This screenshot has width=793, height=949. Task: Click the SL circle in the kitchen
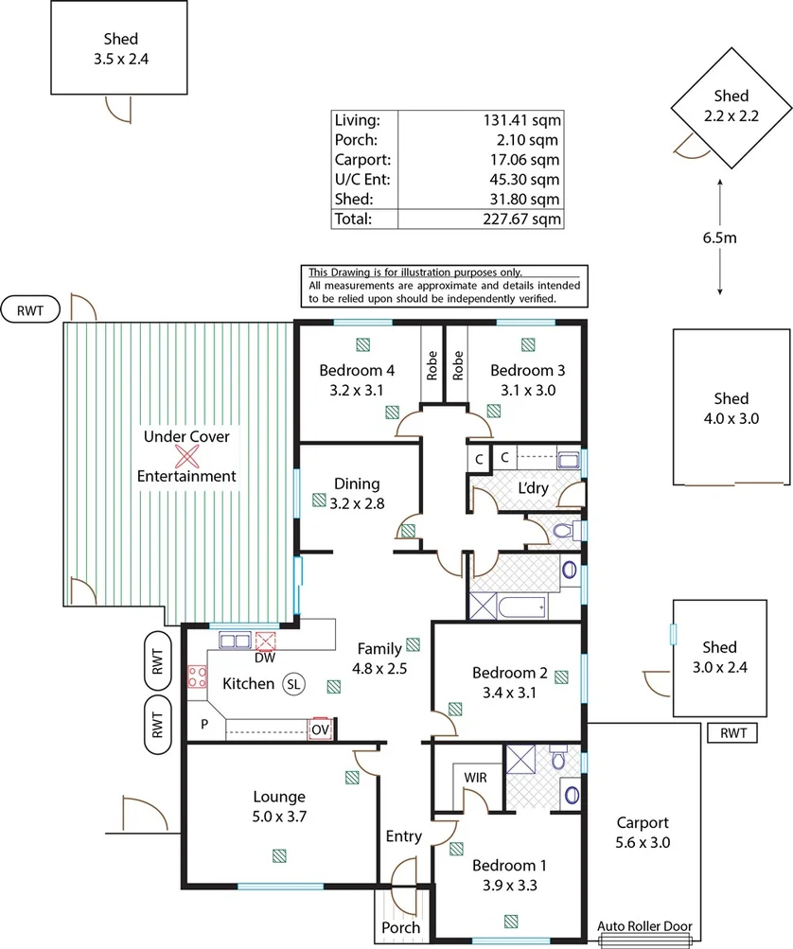tap(293, 684)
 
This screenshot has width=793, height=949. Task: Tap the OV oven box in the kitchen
tap(320, 729)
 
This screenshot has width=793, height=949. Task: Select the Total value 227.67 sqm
tap(521, 220)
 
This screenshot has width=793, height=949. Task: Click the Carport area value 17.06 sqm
tap(525, 160)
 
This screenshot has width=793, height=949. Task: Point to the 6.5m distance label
tap(720, 237)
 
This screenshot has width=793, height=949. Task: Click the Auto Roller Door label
tap(644, 926)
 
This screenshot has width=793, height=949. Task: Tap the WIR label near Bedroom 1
tap(475, 778)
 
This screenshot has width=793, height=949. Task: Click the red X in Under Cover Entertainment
tap(187, 456)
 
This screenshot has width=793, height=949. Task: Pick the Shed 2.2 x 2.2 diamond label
tap(731, 106)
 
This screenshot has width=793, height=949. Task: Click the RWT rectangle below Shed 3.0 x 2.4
tap(732, 733)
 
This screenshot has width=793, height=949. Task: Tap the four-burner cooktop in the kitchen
tap(197, 677)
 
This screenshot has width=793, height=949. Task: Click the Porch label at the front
tap(400, 928)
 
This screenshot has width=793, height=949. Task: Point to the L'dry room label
tap(534, 488)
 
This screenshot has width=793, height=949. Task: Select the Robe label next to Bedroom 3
tap(458, 365)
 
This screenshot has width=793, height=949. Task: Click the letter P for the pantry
tap(204, 724)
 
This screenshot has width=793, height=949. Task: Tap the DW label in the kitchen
tap(265, 658)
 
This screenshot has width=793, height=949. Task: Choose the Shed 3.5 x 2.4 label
tap(121, 49)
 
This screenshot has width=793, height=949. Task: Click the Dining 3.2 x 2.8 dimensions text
tap(357, 503)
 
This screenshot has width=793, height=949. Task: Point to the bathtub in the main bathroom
tap(521, 606)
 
